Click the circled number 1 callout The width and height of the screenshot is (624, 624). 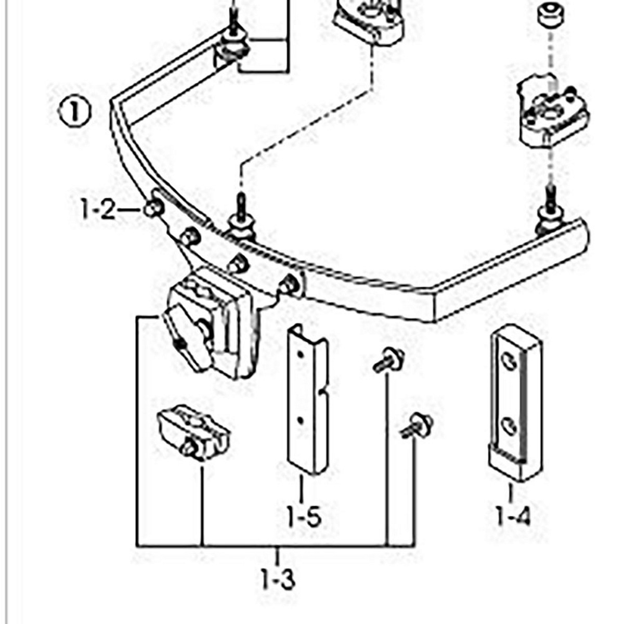(x=74, y=112)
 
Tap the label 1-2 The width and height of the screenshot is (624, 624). (x=98, y=210)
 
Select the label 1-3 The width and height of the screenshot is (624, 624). (x=278, y=578)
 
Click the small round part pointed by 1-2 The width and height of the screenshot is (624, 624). (x=153, y=209)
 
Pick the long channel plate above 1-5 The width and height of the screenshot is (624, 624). (x=308, y=400)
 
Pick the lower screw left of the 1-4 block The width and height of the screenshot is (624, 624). (x=417, y=425)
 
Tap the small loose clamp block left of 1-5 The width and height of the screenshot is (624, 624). (x=193, y=433)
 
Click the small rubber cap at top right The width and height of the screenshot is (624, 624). (x=551, y=15)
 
